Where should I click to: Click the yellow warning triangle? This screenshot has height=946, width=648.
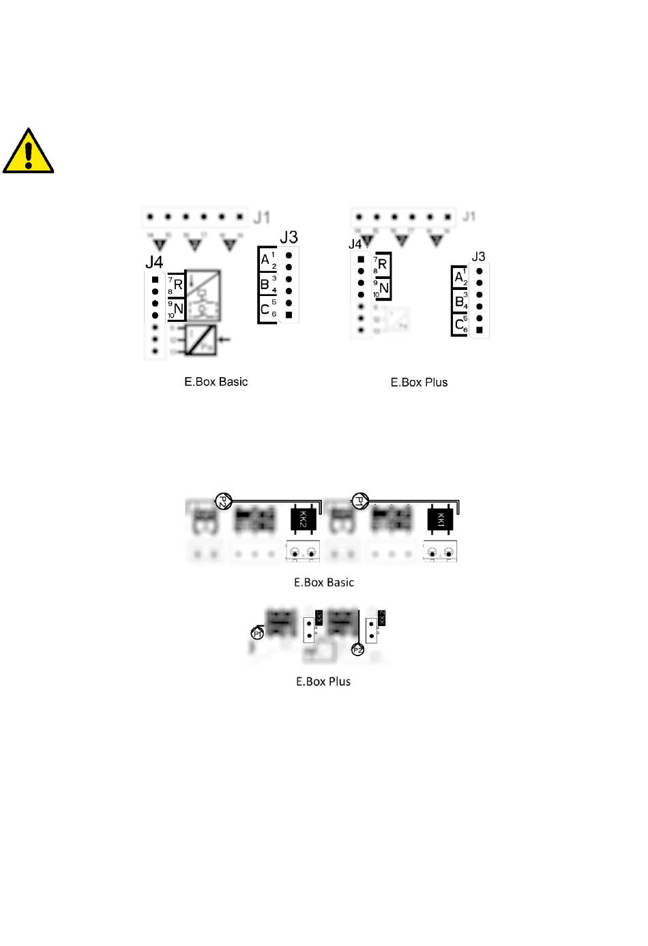pyautogui.click(x=28, y=153)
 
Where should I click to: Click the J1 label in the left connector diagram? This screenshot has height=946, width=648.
pyautogui.click(x=262, y=218)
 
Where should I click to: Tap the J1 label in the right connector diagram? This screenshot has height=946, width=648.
pyautogui.click(x=469, y=216)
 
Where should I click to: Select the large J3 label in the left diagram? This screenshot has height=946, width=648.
pyautogui.click(x=289, y=237)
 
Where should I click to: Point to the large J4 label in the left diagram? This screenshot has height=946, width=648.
pyautogui.click(x=154, y=262)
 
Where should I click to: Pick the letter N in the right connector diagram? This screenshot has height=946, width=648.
pyautogui.click(x=384, y=289)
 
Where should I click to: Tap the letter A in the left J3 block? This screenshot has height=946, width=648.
pyautogui.click(x=265, y=259)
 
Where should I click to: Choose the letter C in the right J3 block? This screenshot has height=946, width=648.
pyautogui.click(x=459, y=325)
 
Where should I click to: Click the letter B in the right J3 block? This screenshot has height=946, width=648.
pyautogui.click(x=459, y=301)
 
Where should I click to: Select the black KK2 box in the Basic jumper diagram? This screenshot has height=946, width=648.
pyautogui.click(x=304, y=520)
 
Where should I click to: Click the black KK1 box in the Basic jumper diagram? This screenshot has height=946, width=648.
pyautogui.click(x=440, y=520)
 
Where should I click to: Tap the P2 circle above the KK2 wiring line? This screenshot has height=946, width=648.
pyautogui.click(x=223, y=502)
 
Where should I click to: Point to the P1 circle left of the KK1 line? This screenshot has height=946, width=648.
pyautogui.click(x=359, y=502)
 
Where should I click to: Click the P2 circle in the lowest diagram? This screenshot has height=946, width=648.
pyautogui.click(x=357, y=650)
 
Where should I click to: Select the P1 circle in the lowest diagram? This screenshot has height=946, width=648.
pyautogui.click(x=258, y=634)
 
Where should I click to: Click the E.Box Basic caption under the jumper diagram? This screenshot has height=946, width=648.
pyautogui.click(x=324, y=582)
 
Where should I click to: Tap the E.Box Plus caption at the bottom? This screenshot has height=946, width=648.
pyautogui.click(x=323, y=681)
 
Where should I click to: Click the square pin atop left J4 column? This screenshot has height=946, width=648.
pyautogui.click(x=155, y=280)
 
